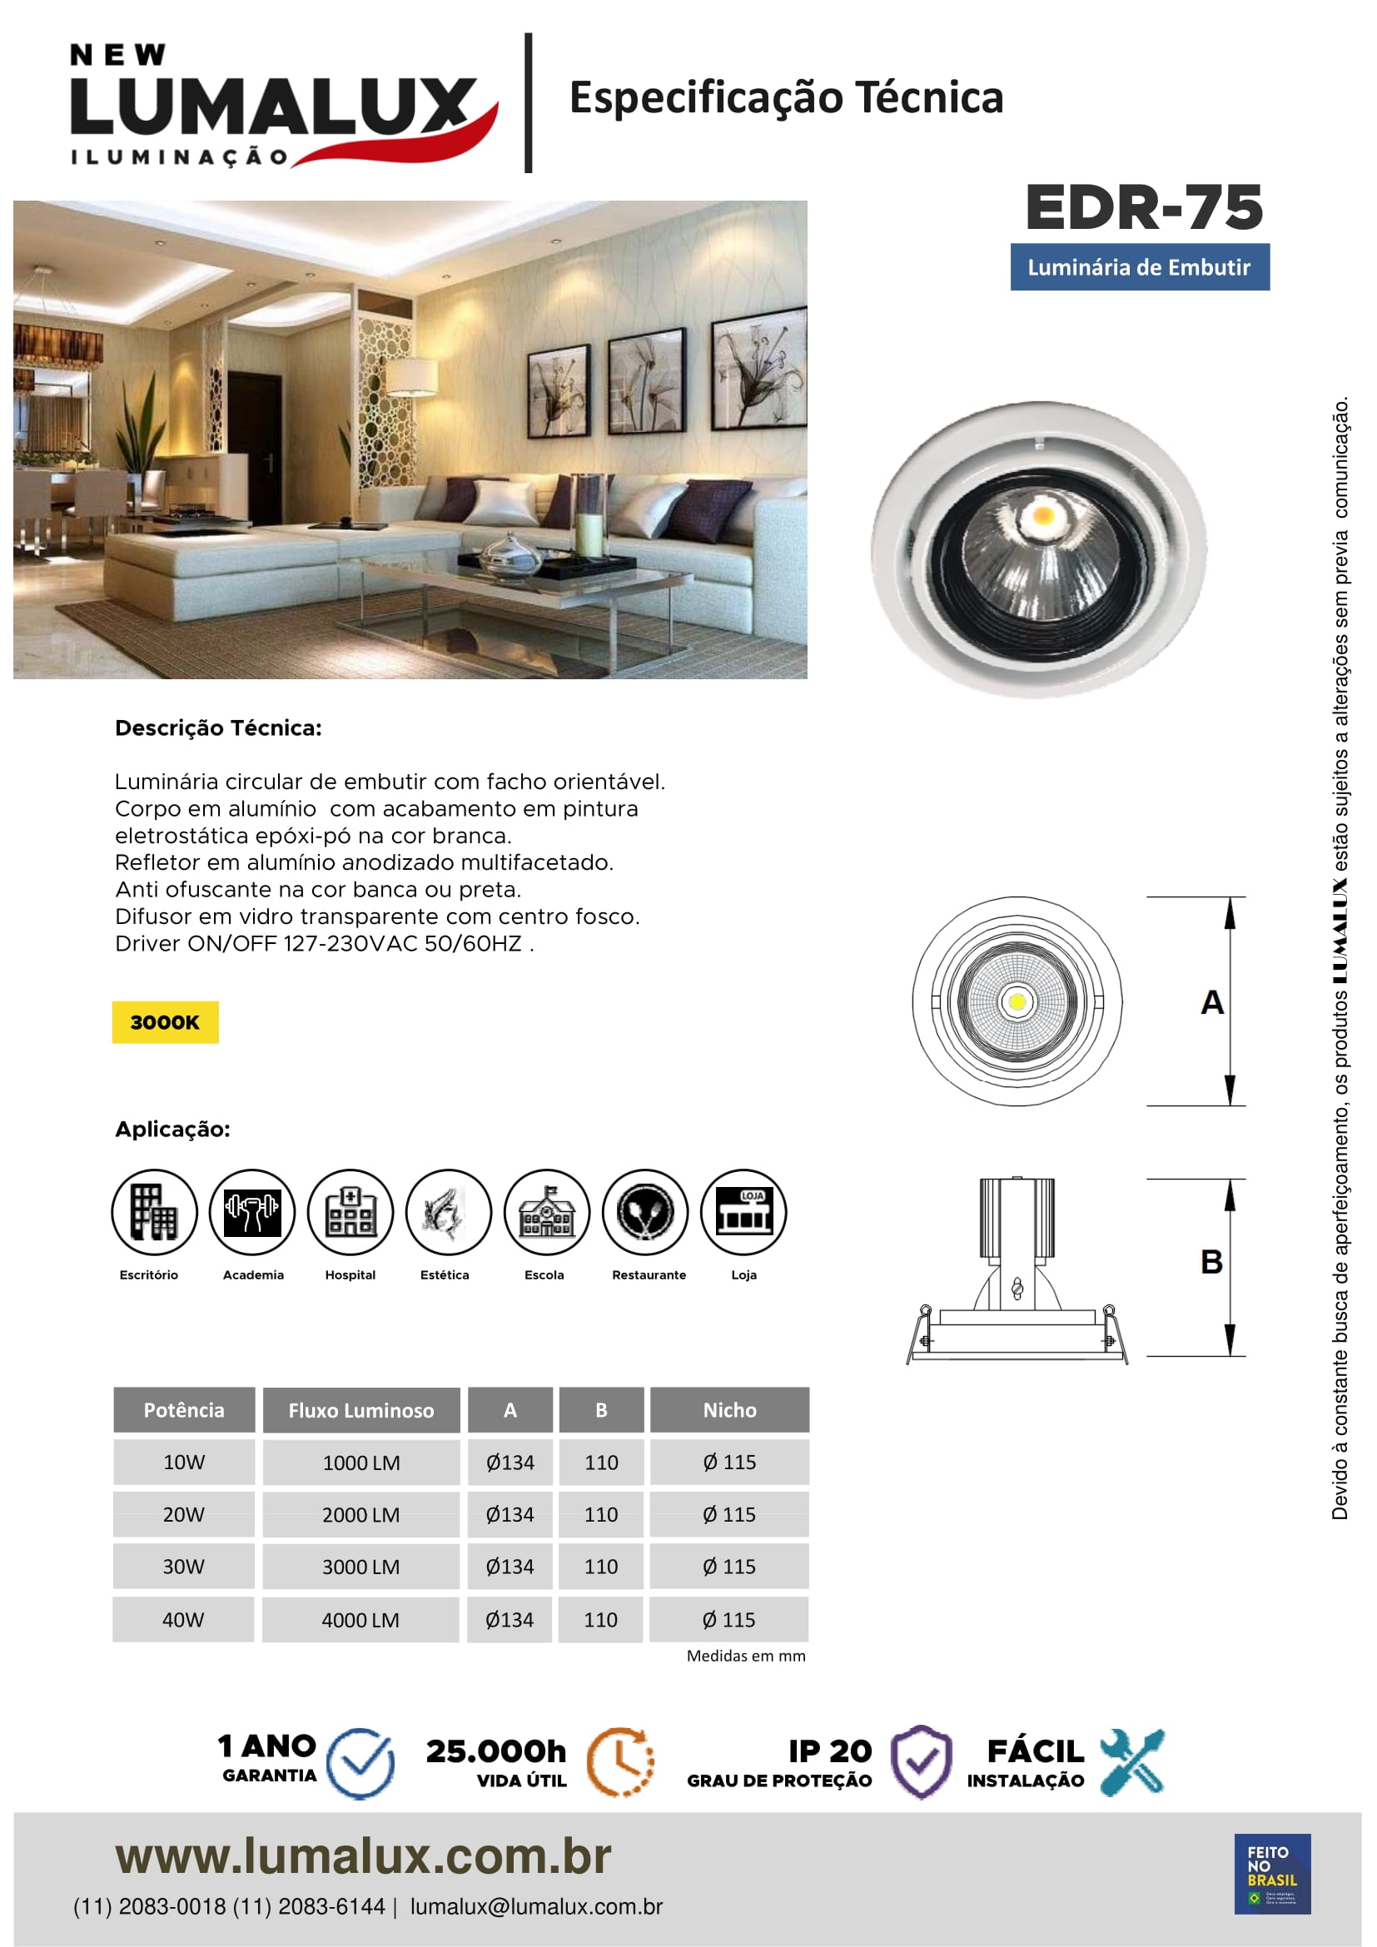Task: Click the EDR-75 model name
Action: point(1143,208)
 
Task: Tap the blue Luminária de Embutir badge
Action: point(1139,267)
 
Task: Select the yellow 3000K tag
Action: point(165,1022)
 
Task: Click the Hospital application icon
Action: point(350,1211)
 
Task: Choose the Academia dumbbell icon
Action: point(251,1211)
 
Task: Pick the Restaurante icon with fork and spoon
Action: point(645,1211)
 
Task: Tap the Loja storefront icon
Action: point(743,1211)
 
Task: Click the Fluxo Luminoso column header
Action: point(360,1410)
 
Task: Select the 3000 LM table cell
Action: point(360,1567)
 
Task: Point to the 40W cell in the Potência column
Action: point(183,1620)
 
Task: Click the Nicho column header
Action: point(729,1410)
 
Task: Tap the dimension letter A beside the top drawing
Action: point(1211,1002)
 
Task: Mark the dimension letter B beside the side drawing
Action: point(1211,1262)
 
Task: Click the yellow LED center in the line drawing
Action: point(1017,1002)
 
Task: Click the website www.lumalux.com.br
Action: point(363,1856)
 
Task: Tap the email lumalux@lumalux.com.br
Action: point(536,1906)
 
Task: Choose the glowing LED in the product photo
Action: point(1043,514)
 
